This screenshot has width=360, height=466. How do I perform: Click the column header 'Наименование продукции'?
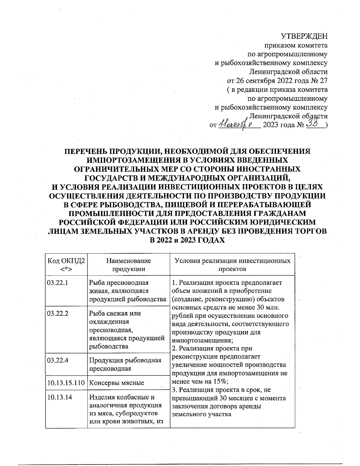pyautogui.click(x=128, y=265)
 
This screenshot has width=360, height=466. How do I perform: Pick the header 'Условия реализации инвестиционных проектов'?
pyautogui.click(x=232, y=265)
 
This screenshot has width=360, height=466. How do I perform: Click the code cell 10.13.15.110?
pyautogui.click(x=66, y=383)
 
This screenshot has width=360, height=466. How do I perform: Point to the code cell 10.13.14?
pyautogui.click(x=59, y=397)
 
